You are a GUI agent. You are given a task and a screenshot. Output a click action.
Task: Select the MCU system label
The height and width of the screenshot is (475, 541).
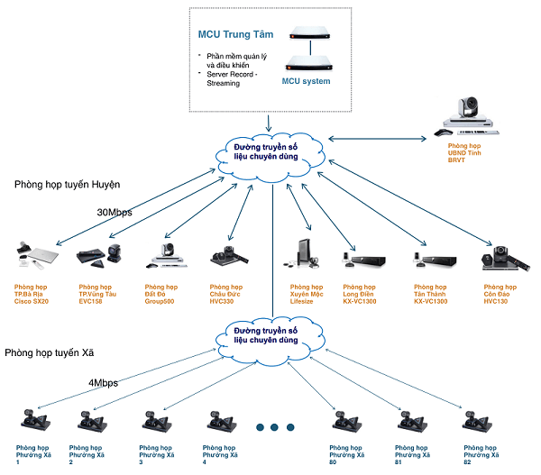(x=306, y=82)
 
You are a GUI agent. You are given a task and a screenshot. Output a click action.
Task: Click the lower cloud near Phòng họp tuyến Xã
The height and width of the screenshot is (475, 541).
(x=271, y=335)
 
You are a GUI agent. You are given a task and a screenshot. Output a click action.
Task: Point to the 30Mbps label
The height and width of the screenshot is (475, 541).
(x=115, y=214)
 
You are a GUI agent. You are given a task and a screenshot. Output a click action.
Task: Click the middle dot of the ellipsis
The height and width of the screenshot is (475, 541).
(x=272, y=426)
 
